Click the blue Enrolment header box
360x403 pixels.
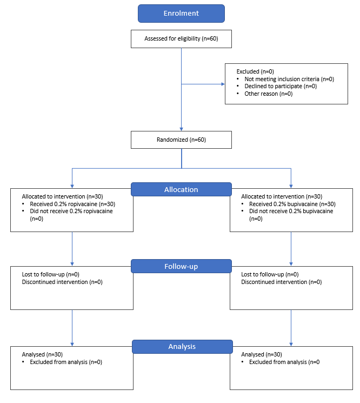(181, 14)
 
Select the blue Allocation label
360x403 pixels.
(181, 189)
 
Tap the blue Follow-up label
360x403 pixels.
(181, 266)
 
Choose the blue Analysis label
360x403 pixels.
(182, 346)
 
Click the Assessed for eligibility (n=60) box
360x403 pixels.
(181, 39)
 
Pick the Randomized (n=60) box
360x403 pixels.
(181, 140)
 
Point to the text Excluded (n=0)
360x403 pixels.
(255, 71)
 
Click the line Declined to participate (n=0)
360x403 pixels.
(281, 86)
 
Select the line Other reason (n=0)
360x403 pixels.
(269, 94)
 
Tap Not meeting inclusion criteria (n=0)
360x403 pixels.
(289, 79)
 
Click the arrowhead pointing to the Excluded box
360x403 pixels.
(223, 84)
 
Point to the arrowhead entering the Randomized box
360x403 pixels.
(181, 129)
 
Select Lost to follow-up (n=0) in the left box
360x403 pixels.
(51, 274)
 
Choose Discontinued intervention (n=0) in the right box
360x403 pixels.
(282, 282)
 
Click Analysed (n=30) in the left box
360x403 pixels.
(42, 354)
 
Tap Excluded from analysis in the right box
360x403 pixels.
(278, 362)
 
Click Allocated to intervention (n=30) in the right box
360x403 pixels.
(282, 196)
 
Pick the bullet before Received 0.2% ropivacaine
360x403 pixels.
(23, 204)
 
